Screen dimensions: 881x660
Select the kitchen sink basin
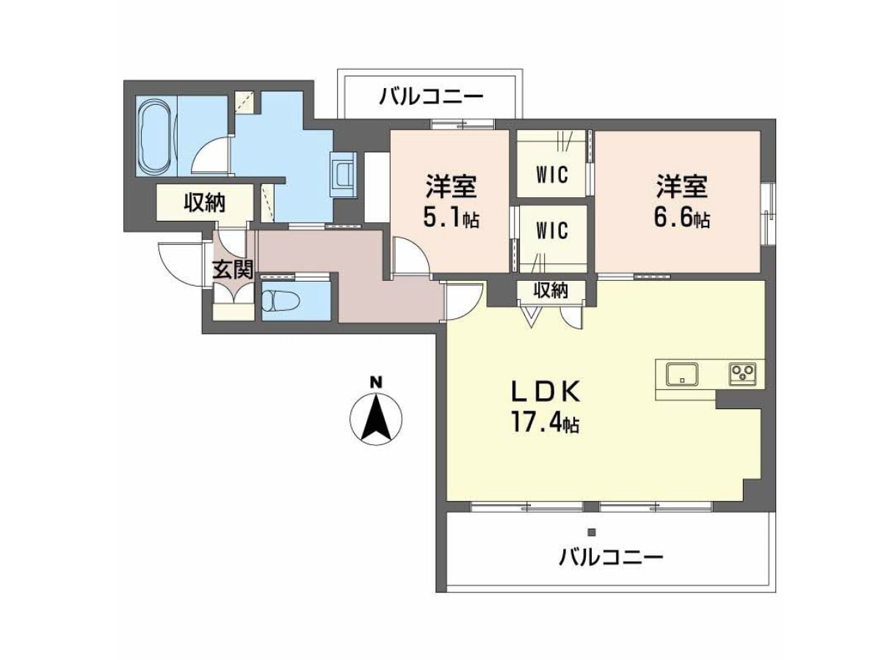click(x=682, y=373)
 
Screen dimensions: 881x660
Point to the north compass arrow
click(x=376, y=417)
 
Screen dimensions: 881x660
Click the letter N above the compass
click(x=376, y=383)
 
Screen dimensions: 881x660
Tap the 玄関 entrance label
click(x=233, y=269)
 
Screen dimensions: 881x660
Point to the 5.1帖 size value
click(x=451, y=218)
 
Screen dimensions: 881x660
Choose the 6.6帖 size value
click(x=681, y=218)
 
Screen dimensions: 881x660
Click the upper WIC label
click(x=552, y=175)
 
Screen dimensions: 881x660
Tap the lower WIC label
click(x=552, y=231)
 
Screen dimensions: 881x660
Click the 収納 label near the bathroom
click(x=205, y=203)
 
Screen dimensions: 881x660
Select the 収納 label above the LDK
click(x=551, y=290)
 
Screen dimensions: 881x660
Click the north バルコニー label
click(x=431, y=97)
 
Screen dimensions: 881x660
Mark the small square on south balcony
click(x=591, y=532)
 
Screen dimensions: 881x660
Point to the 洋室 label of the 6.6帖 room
click(x=681, y=186)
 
